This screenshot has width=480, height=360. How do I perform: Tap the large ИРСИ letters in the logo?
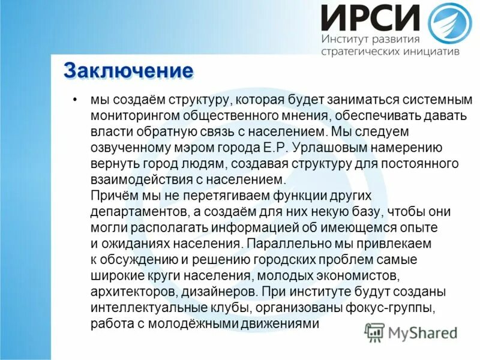coord(370,18)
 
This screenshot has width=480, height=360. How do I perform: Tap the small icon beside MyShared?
coord(374,332)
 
